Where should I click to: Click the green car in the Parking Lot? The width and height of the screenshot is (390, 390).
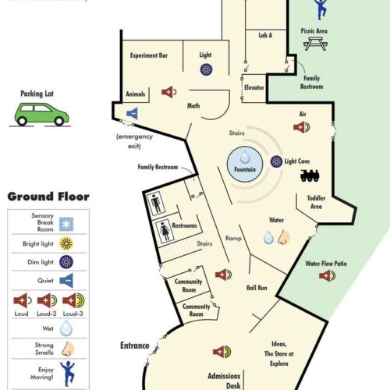41,115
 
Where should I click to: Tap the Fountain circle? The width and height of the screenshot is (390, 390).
245,164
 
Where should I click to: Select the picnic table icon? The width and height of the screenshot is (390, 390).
315,44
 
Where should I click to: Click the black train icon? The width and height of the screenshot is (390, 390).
310,175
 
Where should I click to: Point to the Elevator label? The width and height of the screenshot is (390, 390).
254,87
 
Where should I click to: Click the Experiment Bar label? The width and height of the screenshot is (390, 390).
149,55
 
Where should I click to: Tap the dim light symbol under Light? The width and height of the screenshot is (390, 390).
206,69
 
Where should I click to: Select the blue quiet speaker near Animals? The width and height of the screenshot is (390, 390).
132,113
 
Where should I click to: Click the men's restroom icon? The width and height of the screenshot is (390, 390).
156,204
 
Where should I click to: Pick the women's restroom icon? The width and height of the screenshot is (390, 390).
165,231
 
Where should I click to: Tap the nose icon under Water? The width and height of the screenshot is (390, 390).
283,237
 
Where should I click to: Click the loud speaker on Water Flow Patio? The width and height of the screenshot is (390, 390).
327,275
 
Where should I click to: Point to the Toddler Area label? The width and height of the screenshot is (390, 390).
316,202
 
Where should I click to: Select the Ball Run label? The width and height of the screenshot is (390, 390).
257,288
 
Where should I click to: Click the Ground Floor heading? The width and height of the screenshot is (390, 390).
48,197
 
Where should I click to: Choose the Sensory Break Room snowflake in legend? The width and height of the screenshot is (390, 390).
66,224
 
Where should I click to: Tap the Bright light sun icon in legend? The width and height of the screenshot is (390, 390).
66,243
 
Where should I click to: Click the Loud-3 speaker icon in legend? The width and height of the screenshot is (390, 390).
73,300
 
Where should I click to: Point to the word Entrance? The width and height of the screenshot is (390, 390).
135,346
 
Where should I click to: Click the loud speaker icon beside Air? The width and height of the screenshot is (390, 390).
302,127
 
